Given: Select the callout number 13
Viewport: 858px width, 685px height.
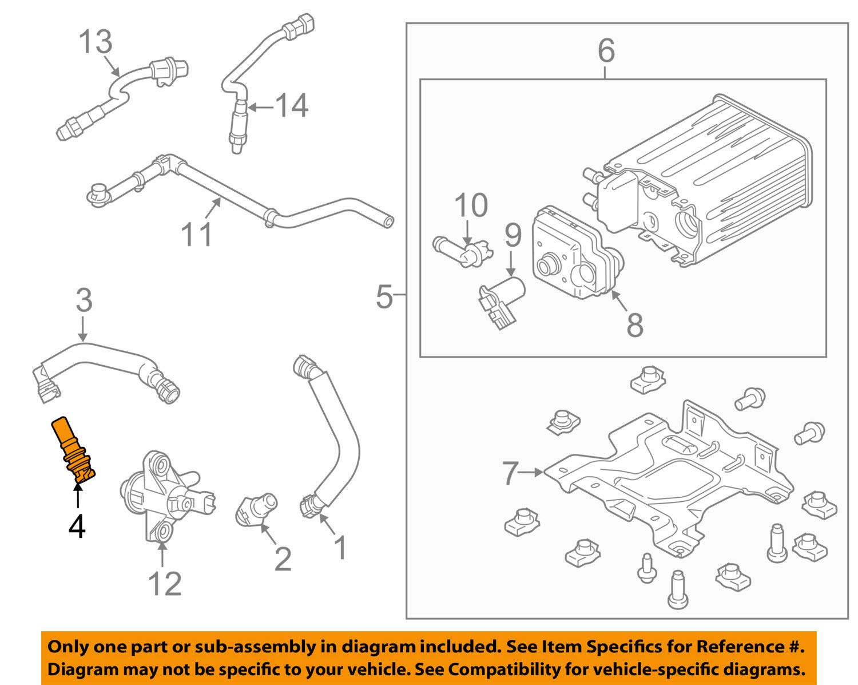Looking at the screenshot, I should pos(95,42).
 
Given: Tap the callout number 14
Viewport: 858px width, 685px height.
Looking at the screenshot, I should pos(292,106).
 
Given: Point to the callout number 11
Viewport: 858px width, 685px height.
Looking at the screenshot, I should pos(197,235).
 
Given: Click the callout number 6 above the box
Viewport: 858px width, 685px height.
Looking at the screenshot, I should pos(606,51).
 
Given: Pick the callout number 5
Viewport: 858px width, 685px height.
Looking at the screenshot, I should pos(384,298).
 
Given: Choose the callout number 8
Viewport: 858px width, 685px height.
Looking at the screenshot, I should pos(634,325).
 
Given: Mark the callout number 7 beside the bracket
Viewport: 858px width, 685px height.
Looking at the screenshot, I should pos(511,473).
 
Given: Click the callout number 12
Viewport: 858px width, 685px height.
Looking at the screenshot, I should pos(165,583).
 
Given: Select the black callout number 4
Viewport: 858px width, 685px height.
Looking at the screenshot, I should pos(77,526).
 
